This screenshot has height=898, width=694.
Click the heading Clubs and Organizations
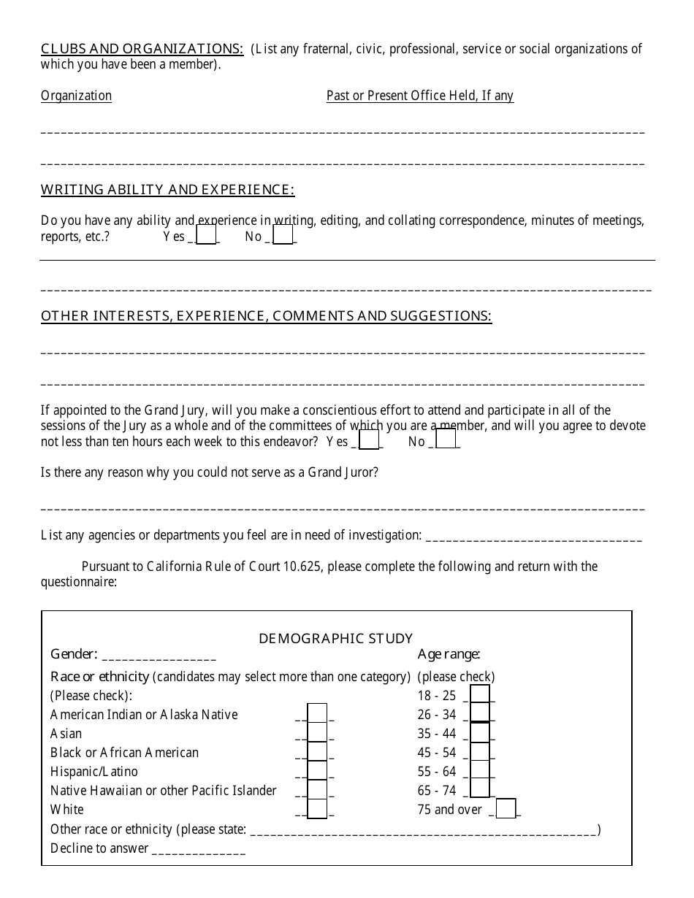pos(142,49)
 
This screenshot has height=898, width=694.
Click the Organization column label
pos(76,96)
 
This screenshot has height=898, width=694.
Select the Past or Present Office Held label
pos(419,96)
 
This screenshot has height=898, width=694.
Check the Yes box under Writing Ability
pos(207,234)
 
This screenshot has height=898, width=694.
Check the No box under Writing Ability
pos(283,234)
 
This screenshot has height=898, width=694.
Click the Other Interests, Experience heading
pos(266,316)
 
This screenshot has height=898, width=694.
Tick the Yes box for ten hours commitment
pos(370,440)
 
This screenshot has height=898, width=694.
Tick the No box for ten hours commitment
pos(446,440)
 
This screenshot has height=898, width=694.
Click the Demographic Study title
pos(336,639)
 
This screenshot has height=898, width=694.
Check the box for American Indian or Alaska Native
pos(317,713)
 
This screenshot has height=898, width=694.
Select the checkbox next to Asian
pos(317,732)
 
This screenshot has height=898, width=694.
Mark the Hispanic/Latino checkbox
pos(317,770)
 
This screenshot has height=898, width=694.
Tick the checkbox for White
pos(317,808)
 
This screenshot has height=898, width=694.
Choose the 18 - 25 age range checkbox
pos(479,694)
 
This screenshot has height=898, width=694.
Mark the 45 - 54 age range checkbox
pos(479,751)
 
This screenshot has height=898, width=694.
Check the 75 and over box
pos(506,808)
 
